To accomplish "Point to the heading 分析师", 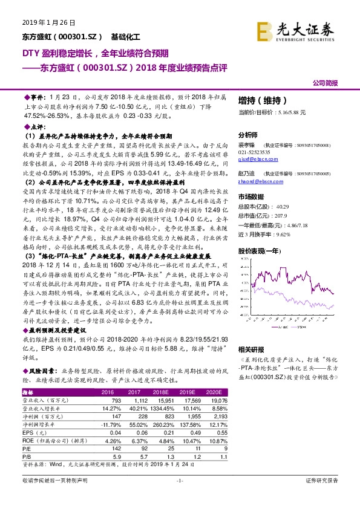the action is click(248, 135).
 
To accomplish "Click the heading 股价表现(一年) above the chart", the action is click(259, 250).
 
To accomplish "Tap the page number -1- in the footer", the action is click(179, 497).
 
